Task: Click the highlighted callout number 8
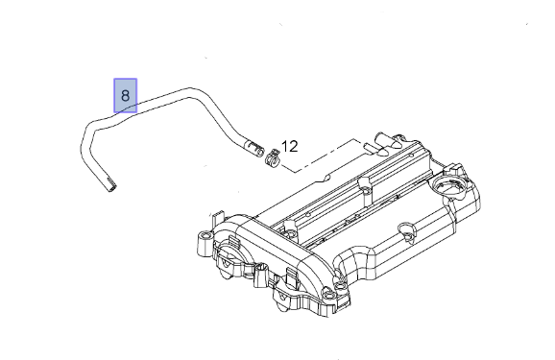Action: [125, 96]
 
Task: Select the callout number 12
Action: [290, 146]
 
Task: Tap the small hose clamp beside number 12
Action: [273, 157]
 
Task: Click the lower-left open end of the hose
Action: [111, 187]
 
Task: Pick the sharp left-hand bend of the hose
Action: [87, 134]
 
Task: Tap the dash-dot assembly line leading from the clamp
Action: [319, 156]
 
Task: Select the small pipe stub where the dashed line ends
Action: [367, 147]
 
